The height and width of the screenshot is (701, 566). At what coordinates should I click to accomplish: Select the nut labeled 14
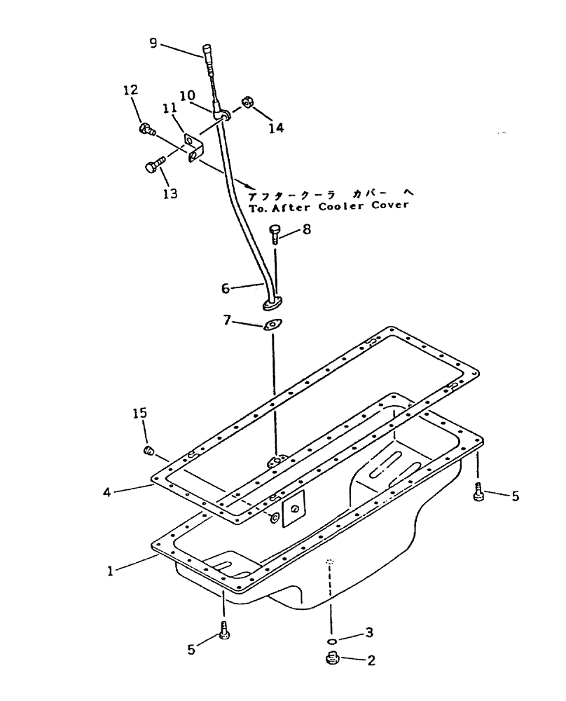[247, 103]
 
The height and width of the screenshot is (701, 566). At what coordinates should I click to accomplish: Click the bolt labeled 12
[146, 128]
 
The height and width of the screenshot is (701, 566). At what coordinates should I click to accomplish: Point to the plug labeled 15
[149, 451]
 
